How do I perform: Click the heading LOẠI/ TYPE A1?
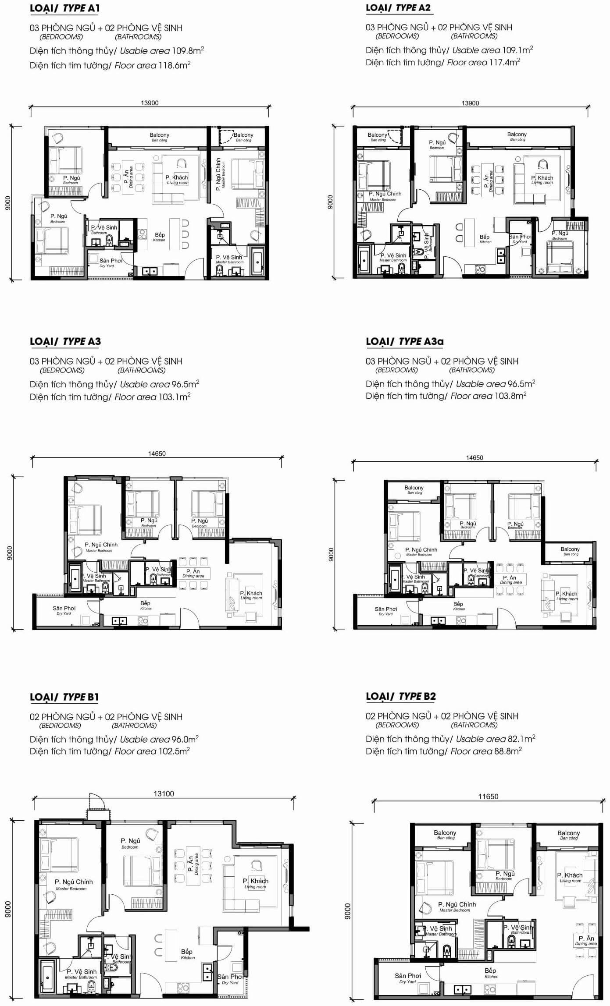65,8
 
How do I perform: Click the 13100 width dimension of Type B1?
164,793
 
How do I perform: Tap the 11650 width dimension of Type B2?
488,797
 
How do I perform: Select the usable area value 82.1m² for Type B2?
521,739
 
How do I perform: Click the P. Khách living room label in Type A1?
177,178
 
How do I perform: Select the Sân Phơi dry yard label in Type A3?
64,609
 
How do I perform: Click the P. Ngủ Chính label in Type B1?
73,882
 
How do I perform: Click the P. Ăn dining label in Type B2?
586,939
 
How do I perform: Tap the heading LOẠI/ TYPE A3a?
401,341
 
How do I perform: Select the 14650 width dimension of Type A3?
157,454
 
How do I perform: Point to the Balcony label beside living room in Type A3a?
570,549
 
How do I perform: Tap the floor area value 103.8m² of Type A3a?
510,396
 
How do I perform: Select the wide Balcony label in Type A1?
159,135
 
